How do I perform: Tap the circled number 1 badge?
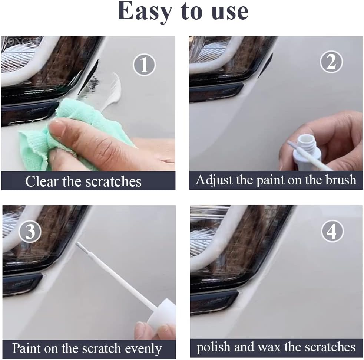tap(145, 65)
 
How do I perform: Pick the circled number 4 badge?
tap(332, 232)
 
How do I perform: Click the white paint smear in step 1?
tap(113, 91)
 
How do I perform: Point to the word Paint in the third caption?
tap(26, 348)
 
